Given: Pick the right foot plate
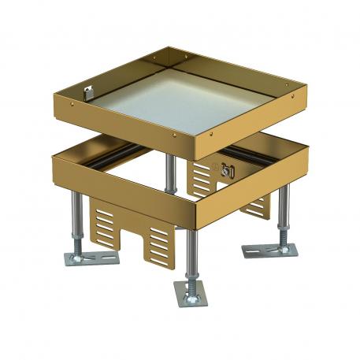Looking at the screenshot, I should click(269, 251).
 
